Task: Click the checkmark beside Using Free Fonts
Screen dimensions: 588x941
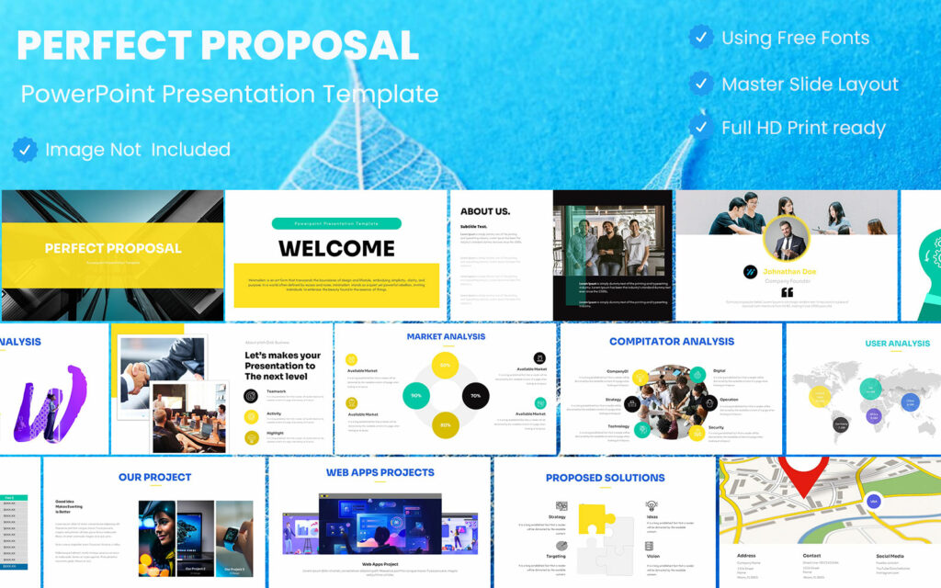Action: (701, 38)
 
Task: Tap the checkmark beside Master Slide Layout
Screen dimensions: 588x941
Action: (701, 84)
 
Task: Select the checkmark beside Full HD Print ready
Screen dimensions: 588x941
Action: (701, 127)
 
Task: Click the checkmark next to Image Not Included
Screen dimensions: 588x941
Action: (25, 149)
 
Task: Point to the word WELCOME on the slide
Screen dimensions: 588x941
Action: (336, 248)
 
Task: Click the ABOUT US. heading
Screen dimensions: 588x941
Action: (485, 211)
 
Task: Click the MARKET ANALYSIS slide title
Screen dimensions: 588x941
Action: (446, 337)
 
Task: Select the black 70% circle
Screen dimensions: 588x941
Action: (475, 396)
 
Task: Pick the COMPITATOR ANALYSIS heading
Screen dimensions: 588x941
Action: (672, 342)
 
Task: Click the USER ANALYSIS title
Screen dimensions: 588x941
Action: (897, 344)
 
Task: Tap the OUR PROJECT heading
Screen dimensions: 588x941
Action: (154, 477)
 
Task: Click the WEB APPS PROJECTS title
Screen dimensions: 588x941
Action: (380, 472)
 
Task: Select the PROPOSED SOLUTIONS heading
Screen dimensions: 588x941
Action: (605, 478)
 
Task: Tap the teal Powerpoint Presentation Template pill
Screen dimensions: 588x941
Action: (336, 223)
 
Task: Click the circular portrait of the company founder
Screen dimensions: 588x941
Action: (788, 239)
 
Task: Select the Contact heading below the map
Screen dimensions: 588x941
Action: (811, 555)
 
